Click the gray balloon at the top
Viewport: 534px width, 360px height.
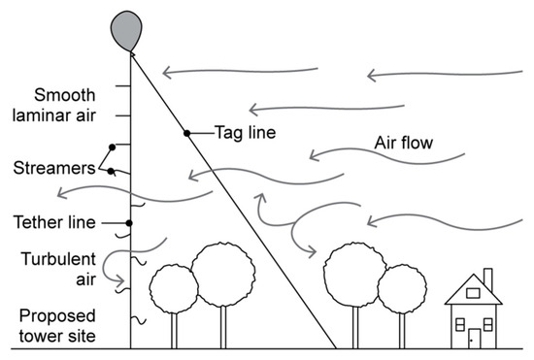(126, 28)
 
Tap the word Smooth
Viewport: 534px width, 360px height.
(64, 95)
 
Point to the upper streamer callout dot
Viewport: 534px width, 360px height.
(113, 147)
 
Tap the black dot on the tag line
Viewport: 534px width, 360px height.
(185, 132)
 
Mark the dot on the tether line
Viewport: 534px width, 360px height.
(129, 223)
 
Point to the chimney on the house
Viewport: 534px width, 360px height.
(487, 280)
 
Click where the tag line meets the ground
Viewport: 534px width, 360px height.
(336, 347)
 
